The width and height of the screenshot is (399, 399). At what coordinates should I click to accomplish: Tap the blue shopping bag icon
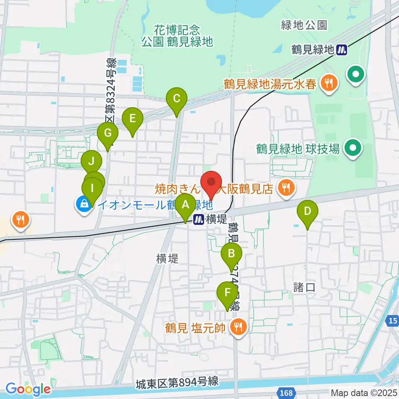click(x=84, y=204)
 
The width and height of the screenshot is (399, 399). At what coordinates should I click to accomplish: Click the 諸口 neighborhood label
click(x=302, y=287)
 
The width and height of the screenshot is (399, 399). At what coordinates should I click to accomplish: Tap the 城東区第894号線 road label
click(x=177, y=382)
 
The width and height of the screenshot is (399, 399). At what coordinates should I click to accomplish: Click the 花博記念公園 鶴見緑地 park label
click(x=177, y=36)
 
